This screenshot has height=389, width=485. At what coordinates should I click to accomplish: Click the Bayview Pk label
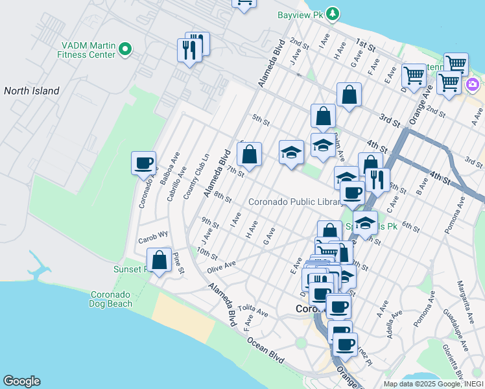[x=300, y=13]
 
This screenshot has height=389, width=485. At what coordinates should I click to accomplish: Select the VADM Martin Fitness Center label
[x=89, y=50]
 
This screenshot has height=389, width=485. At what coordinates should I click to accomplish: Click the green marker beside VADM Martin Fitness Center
[x=126, y=48]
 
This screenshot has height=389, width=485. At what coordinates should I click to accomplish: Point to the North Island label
[x=32, y=91]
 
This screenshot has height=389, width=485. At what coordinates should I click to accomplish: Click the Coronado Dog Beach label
[x=111, y=298]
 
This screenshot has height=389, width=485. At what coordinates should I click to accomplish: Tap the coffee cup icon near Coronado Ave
[x=143, y=163]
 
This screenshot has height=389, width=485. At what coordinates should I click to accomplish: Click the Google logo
[x=21, y=381]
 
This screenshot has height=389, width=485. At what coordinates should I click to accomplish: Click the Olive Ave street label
[x=221, y=266]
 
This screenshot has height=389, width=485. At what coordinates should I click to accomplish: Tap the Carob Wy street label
[x=153, y=237]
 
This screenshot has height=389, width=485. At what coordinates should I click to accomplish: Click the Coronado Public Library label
[x=294, y=202]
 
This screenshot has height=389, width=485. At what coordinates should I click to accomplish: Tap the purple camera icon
[x=473, y=84]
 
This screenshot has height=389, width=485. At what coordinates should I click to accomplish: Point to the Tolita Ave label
[x=253, y=311]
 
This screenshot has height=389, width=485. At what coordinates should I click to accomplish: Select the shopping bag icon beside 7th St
[x=250, y=154]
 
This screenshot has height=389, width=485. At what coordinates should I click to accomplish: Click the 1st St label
[x=365, y=45]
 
